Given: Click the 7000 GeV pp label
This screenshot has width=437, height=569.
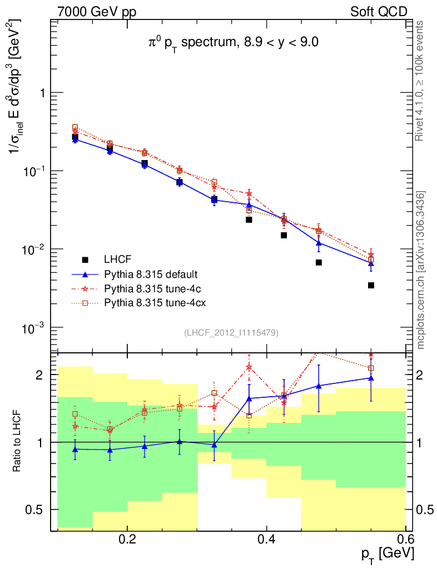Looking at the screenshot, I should pyautogui.click(x=97, y=12).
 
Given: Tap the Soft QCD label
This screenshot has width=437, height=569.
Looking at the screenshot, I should pyautogui.click(x=379, y=12).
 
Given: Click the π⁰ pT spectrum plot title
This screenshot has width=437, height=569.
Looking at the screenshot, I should pyautogui.click(x=229, y=43).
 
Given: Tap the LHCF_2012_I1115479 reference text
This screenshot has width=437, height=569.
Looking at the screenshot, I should pyautogui.click(x=231, y=333).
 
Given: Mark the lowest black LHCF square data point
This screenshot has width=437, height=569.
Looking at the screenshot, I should pyautogui.click(x=371, y=286).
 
